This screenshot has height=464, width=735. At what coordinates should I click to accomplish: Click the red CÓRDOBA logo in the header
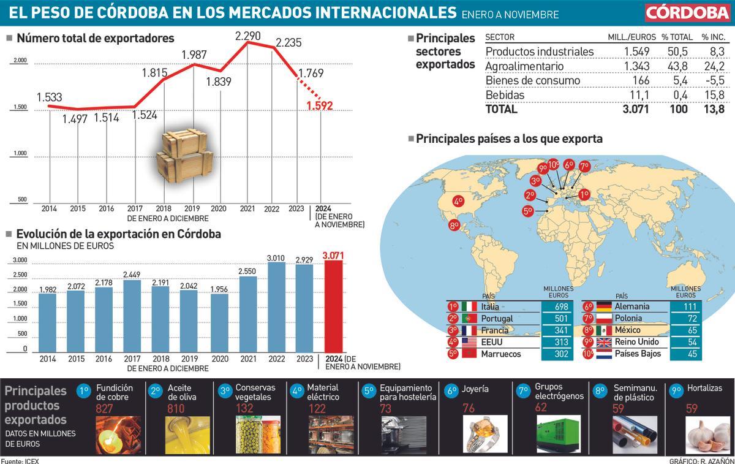(x=688, y=13)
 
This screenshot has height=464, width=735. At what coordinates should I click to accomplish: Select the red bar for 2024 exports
(x=333, y=306)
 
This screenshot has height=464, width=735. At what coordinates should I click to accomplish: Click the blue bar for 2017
(x=132, y=316)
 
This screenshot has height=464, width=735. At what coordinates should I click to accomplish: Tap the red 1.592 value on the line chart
(x=320, y=105)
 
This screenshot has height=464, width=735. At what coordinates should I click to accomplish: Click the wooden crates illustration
(x=181, y=153)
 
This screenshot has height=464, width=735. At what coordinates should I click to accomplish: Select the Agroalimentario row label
(x=524, y=66)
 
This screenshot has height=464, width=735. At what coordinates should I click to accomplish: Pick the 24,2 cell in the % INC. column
(x=713, y=66)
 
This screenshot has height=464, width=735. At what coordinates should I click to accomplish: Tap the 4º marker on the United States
(x=458, y=201)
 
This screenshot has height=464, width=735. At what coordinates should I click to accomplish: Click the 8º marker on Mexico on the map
(x=454, y=225)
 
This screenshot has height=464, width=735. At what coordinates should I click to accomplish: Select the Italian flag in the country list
(x=469, y=306)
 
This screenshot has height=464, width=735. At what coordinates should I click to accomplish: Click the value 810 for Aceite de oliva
(x=176, y=408)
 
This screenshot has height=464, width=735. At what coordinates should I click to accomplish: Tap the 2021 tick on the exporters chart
(x=247, y=209)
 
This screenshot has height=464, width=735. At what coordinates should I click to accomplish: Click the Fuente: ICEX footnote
(x=20, y=460)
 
